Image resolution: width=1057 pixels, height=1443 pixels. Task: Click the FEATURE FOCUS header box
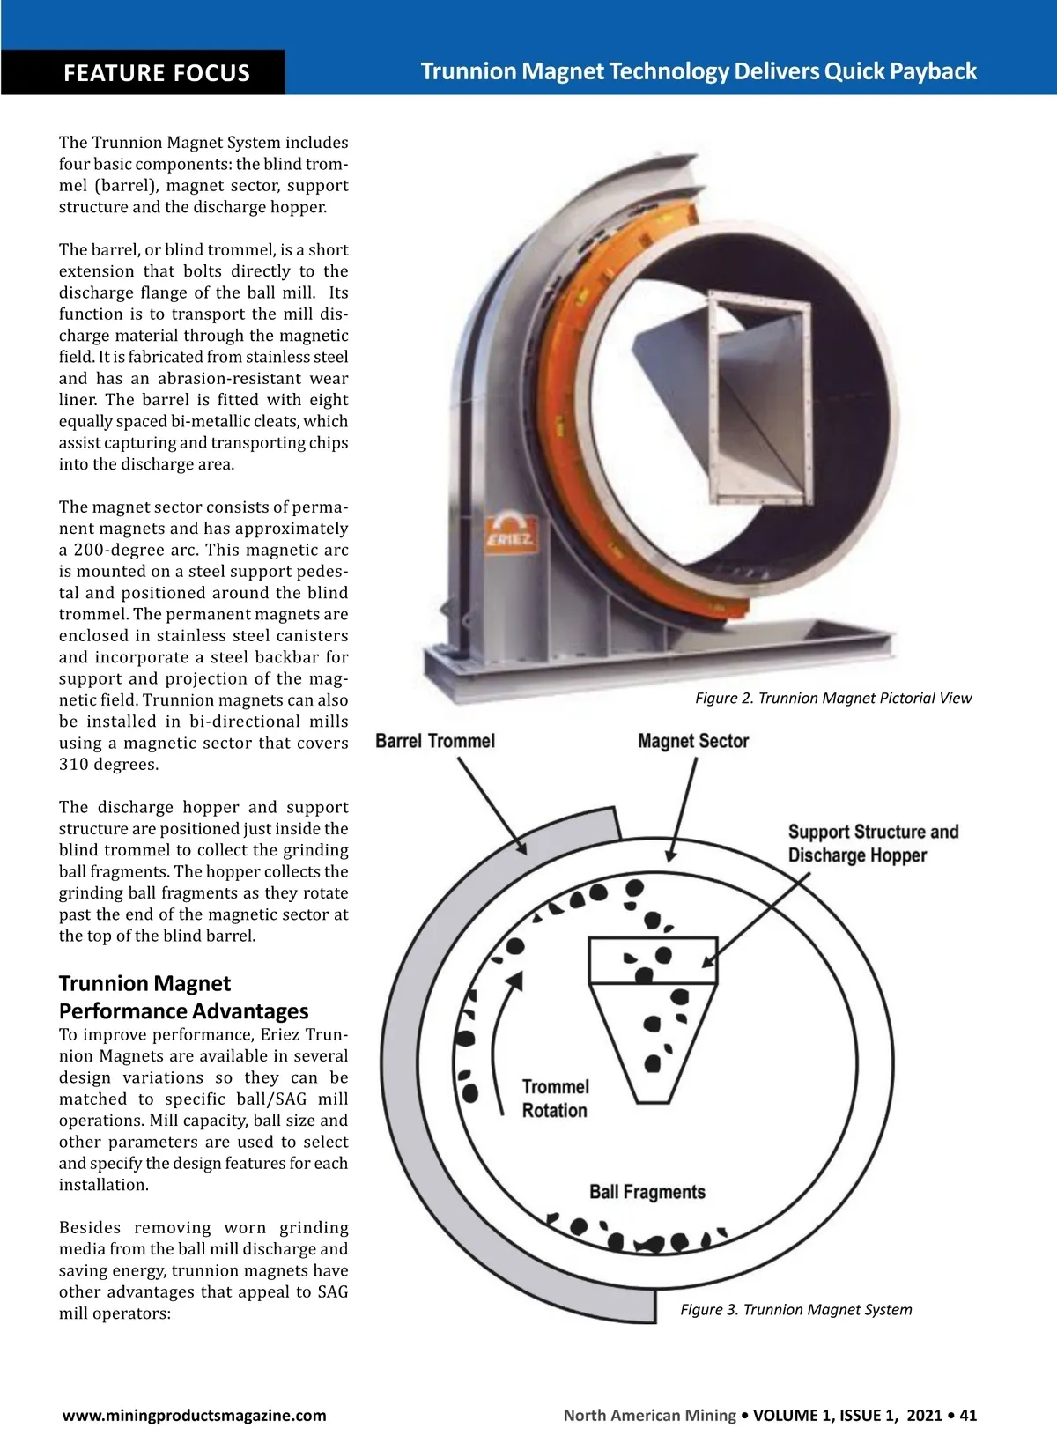(143, 72)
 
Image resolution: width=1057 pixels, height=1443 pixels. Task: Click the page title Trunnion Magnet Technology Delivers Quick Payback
(699, 70)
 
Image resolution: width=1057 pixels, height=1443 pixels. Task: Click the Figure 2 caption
(833, 698)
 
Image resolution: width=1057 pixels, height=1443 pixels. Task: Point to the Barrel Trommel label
(435, 741)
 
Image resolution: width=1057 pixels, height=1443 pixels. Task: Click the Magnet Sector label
(693, 741)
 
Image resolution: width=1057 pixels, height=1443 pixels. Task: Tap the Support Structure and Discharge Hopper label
(874, 843)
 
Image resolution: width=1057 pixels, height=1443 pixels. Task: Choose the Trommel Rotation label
(555, 1099)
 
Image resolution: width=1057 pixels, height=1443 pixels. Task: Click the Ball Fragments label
(647, 1192)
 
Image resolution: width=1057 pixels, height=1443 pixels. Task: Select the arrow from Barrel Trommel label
(492, 806)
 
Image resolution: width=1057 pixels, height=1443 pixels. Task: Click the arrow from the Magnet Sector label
(683, 810)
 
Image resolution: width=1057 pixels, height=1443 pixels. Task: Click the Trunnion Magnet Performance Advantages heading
(183, 996)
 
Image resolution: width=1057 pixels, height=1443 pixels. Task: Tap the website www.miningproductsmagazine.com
(195, 1416)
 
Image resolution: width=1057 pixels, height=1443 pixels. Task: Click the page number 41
(968, 1416)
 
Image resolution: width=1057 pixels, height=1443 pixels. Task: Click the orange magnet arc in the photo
(552, 412)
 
